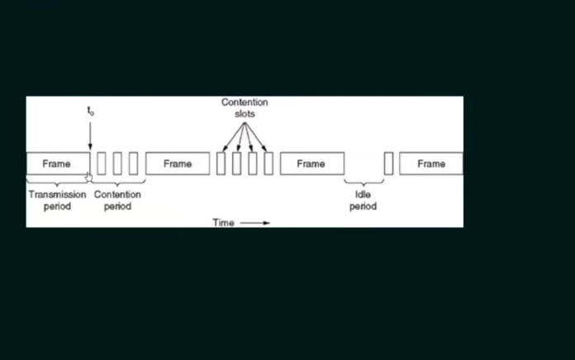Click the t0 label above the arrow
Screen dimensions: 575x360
click(91, 111)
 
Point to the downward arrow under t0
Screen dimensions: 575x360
click(90, 136)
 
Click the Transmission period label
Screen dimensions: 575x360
click(57, 200)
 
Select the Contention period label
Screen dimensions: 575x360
click(117, 200)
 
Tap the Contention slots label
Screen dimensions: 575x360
click(245, 108)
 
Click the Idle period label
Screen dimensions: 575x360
click(363, 200)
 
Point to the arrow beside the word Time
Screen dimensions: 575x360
click(254, 223)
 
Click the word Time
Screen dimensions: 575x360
click(223, 223)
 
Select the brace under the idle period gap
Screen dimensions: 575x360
click(364, 182)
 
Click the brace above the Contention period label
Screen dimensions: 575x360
click(117, 182)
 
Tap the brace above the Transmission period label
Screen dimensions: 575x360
click(57, 182)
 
